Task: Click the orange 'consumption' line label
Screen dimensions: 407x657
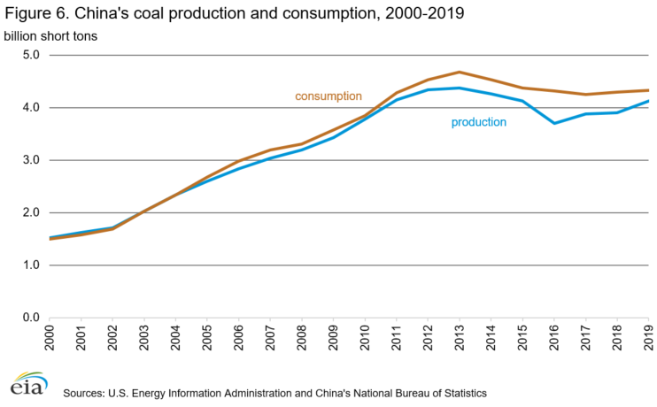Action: coord(328,96)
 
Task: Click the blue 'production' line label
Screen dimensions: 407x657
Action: coord(478,122)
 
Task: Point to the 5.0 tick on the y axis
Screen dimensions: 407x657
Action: coord(31,55)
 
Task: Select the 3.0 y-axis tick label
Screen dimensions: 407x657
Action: coord(31,160)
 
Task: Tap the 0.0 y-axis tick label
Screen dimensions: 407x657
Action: coord(31,318)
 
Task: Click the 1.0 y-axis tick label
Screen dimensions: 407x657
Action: coord(31,265)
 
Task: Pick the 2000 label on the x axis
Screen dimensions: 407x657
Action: coord(50,339)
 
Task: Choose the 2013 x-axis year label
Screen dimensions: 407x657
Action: coord(460,339)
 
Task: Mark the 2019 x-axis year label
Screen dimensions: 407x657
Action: coord(648,339)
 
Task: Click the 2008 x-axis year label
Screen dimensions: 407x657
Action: coord(302,339)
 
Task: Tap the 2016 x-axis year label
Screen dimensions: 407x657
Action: coord(553,339)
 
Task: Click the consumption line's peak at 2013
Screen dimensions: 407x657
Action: coord(460,72)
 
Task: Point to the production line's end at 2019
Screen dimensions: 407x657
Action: coord(647,101)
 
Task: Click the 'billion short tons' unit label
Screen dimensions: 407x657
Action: coord(50,35)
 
